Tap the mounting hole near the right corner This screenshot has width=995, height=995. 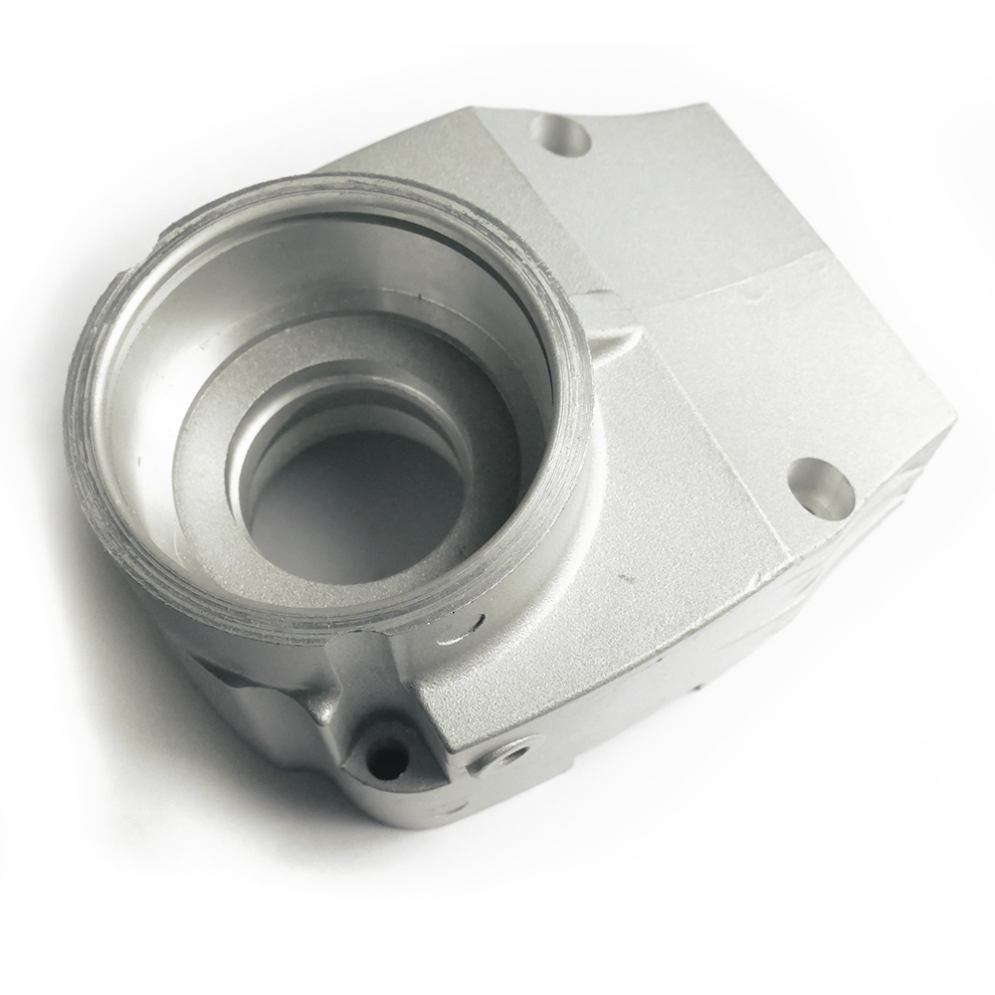[x=821, y=486]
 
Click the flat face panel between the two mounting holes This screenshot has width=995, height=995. [x=716, y=378]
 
